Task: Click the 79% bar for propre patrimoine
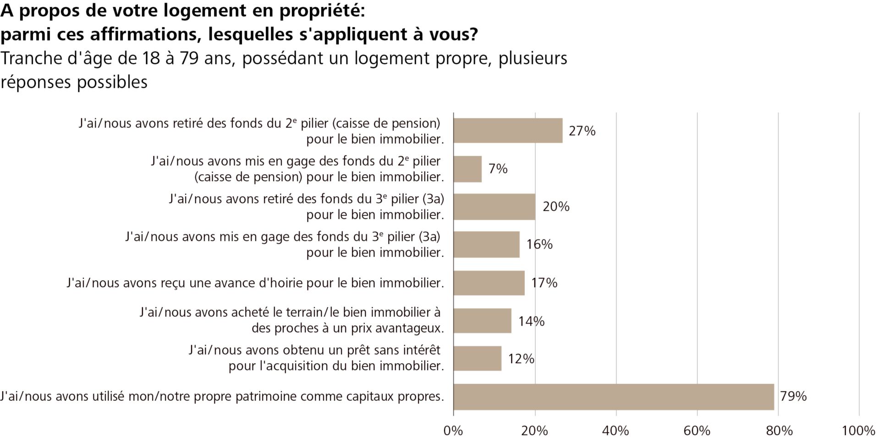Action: click(613, 397)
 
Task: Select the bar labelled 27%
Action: click(508, 131)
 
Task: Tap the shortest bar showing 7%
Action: click(467, 169)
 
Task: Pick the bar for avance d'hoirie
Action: click(489, 283)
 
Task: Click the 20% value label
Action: click(556, 207)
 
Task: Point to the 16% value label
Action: click(539, 244)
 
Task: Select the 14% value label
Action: click(531, 321)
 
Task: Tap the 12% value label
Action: click(521, 359)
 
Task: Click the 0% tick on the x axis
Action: click(453, 431)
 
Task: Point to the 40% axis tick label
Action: click(616, 431)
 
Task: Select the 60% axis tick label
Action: click(697, 431)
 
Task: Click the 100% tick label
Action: click(858, 431)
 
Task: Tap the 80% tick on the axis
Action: click(779, 431)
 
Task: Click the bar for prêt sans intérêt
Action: click(477, 359)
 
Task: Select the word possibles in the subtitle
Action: click(112, 83)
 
